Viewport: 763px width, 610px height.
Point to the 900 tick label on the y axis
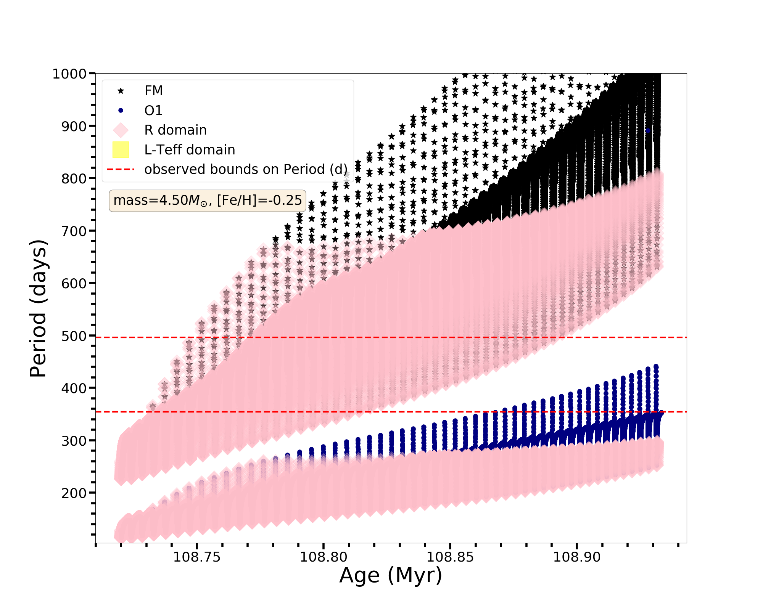click(74, 126)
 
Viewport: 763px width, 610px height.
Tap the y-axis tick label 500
click(74, 336)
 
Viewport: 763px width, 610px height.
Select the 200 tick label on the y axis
click(74, 493)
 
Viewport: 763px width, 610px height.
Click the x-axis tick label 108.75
click(197, 557)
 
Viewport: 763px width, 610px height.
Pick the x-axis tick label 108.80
click(324, 557)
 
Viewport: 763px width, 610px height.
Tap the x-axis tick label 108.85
click(450, 557)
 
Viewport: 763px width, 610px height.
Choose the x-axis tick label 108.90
click(577, 557)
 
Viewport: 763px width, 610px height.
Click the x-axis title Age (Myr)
click(391, 575)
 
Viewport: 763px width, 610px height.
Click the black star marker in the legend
click(121, 91)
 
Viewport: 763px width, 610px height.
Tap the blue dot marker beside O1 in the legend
click(121, 111)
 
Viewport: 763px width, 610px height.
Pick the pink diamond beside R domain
click(121, 130)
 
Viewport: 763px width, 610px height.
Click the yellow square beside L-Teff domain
click(121, 150)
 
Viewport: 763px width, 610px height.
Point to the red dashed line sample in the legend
click(121, 169)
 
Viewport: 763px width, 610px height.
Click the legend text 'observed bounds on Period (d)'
click(246, 169)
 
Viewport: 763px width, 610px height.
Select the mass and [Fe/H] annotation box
click(208, 201)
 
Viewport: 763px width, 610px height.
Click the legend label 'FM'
click(153, 91)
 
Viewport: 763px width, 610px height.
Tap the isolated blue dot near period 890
click(648, 131)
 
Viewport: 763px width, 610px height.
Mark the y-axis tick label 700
click(74, 231)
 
